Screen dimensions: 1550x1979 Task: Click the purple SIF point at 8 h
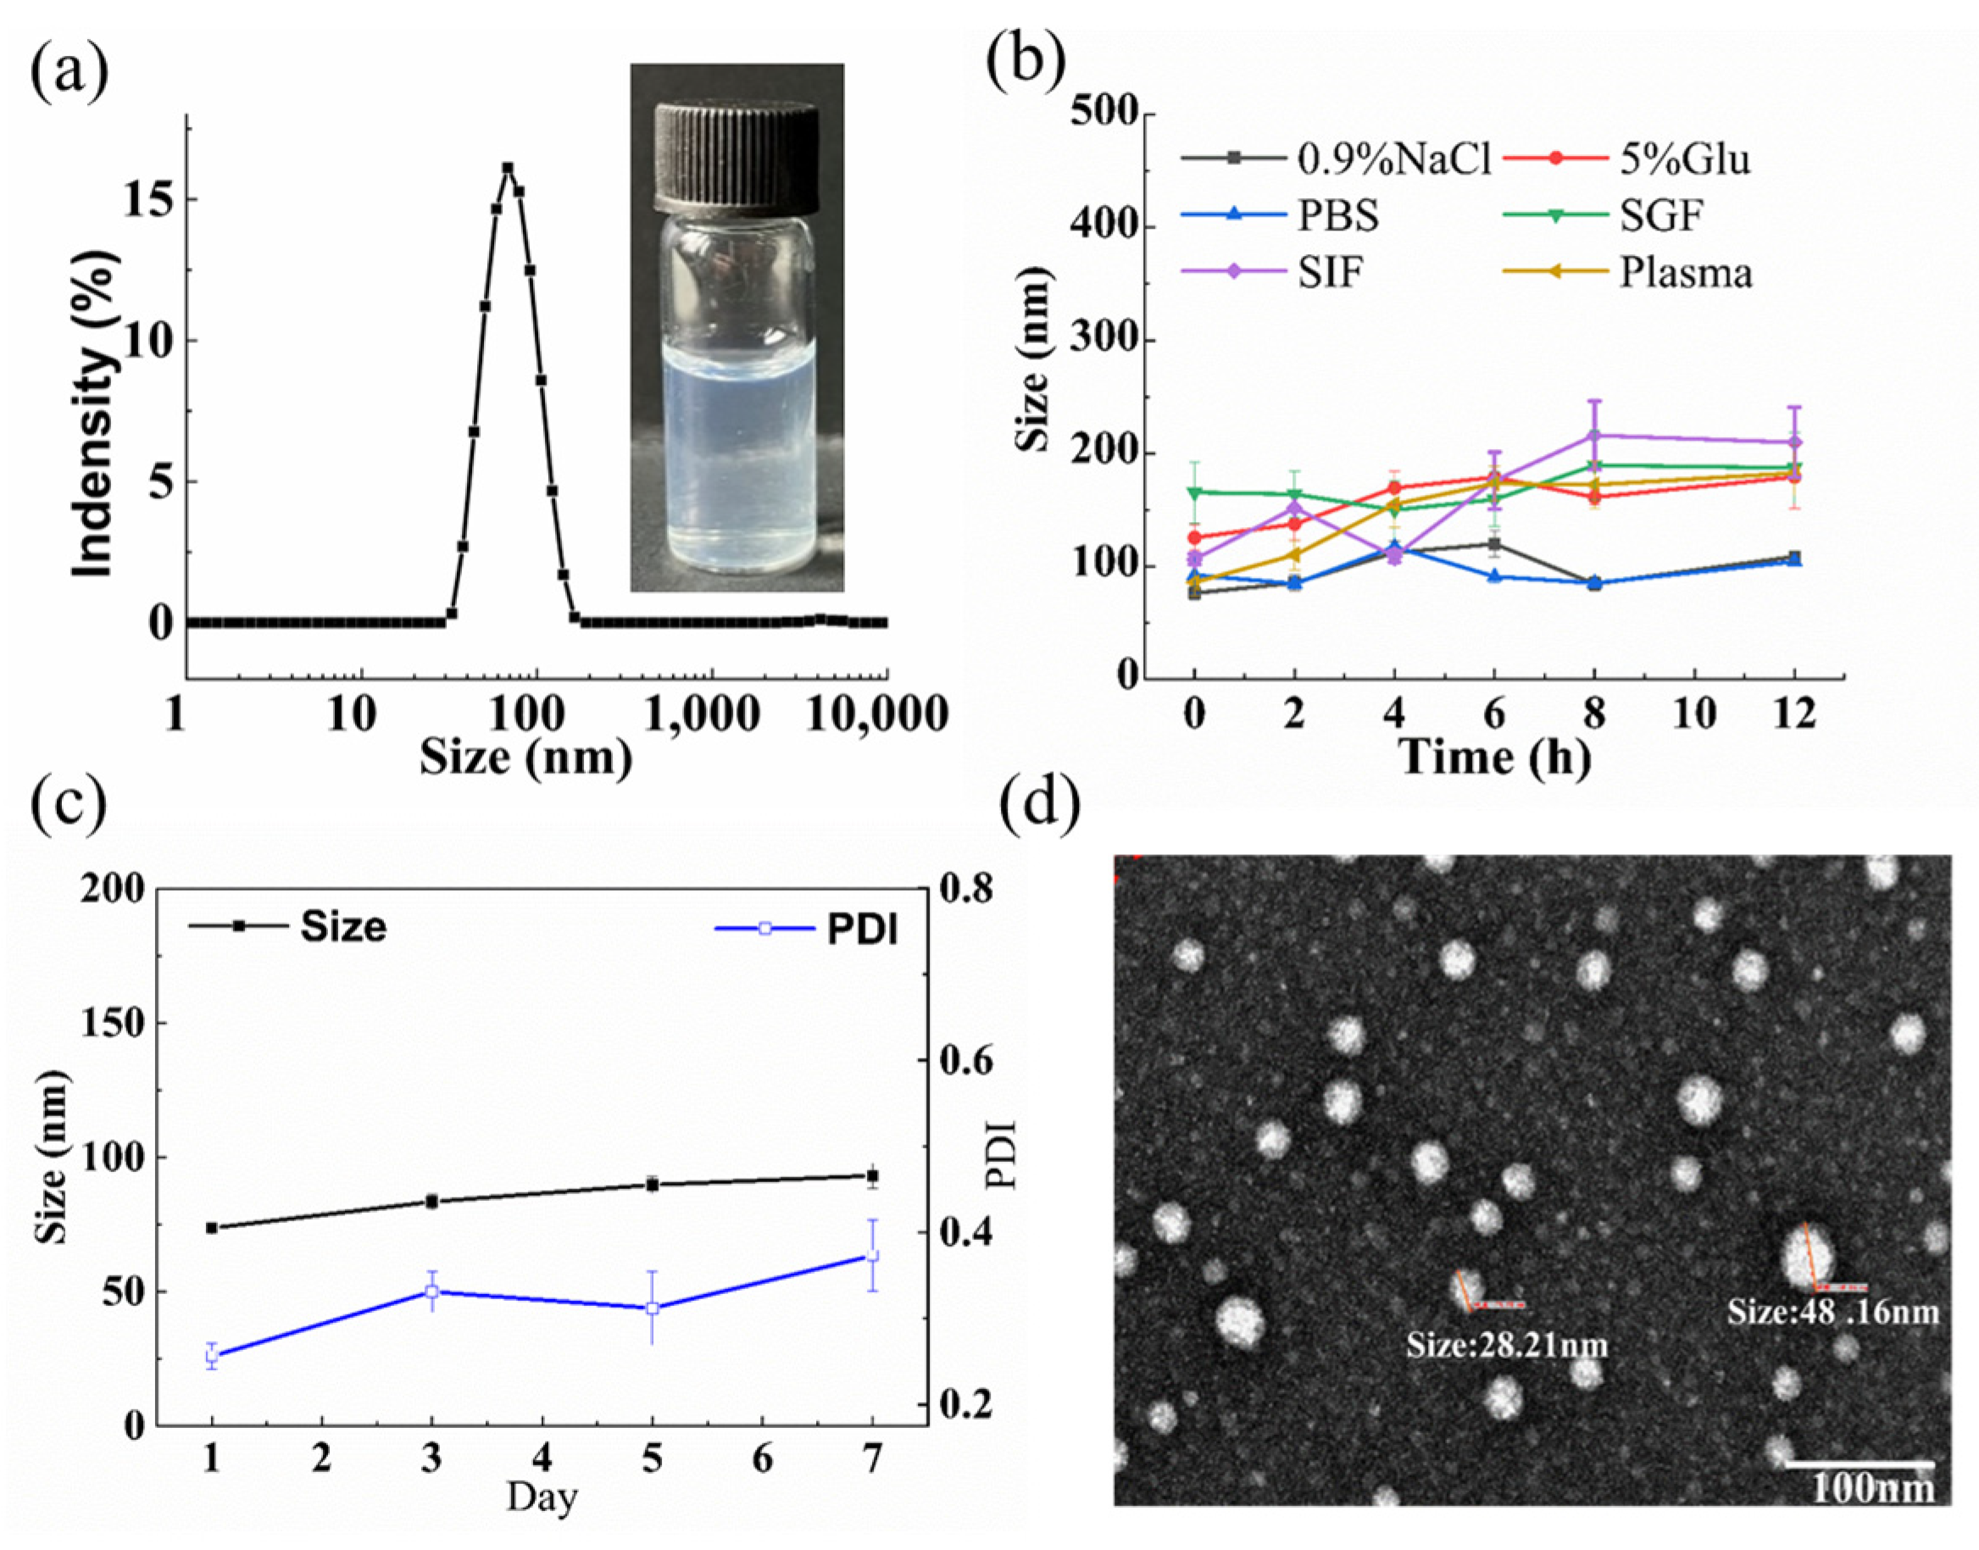pyautogui.click(x=1594, y=436)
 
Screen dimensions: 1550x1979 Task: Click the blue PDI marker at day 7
pyautogui.click(x=872, y=1256)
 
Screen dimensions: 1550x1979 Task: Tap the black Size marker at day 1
pyautogui.click(x=211, y=1228)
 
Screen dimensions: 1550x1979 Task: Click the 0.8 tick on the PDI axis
pyautogui.click(x=966, y=890)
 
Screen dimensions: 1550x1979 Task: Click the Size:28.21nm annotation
pyautogui.click(x=1506, y=1344)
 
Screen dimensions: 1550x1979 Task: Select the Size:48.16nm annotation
pyautogui.click(x=1831, y=1311)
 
